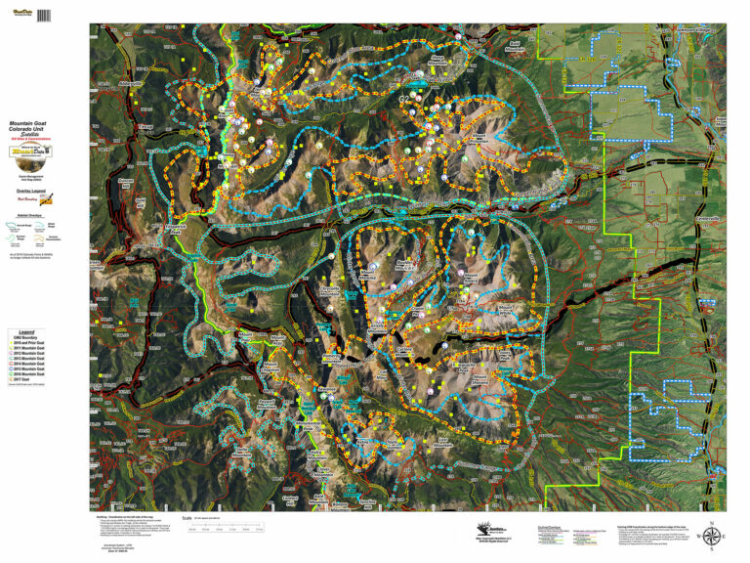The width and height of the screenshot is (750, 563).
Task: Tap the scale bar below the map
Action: [x=228, y=530]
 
